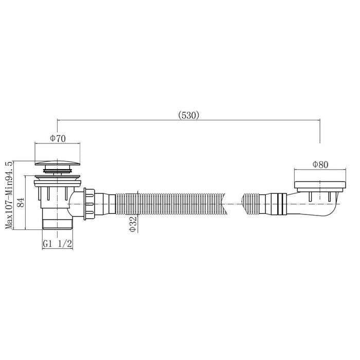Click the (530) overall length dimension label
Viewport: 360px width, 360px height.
tap(189, 115)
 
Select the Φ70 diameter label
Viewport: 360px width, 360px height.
tap(58, 138)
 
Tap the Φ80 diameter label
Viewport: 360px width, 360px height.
tap(320, 165)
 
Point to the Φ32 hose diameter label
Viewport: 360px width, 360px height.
tap(133, 224)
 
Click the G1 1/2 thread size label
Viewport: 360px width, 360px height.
tap(58, 244)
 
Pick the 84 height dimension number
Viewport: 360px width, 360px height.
tap(21, 202)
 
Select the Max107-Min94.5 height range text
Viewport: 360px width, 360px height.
tap(9, 195)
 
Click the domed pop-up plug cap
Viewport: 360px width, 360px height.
tap(58, 163)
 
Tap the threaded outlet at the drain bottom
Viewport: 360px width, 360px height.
tap(58, 224)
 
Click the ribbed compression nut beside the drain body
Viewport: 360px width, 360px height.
tap(89, 204)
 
